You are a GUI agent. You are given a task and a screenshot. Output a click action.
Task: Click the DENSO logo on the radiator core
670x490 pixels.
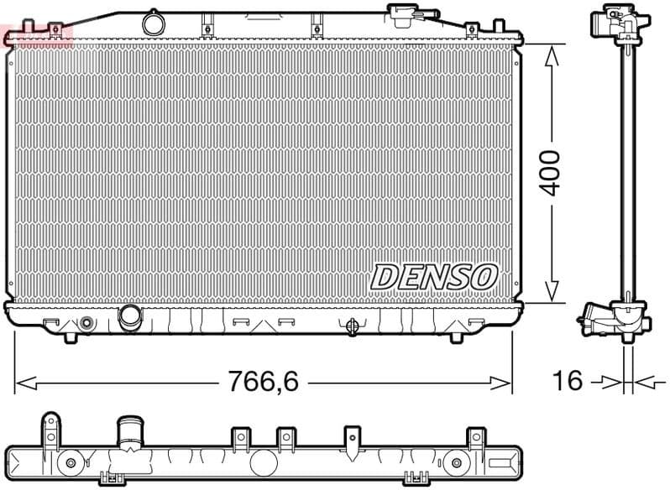(x=434, y=276)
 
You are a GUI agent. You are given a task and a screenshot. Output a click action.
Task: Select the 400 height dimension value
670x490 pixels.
(x=550, y=173)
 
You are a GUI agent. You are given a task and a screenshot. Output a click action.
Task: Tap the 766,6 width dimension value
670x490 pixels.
(x=264, y=383)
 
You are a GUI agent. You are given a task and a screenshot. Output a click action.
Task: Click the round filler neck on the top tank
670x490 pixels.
(x=153, y=22)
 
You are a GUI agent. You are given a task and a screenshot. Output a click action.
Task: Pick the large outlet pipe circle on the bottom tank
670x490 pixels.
(x=131, y=317)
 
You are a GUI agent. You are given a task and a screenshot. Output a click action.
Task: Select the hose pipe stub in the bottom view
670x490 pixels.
(x=131, y=430)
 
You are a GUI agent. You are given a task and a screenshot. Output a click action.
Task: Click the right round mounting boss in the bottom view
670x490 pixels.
(x=457, y=462)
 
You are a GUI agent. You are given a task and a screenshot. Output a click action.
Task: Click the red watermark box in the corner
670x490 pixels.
(x=39, y=34)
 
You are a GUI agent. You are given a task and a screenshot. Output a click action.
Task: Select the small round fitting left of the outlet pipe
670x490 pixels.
(x=86, y=323)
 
